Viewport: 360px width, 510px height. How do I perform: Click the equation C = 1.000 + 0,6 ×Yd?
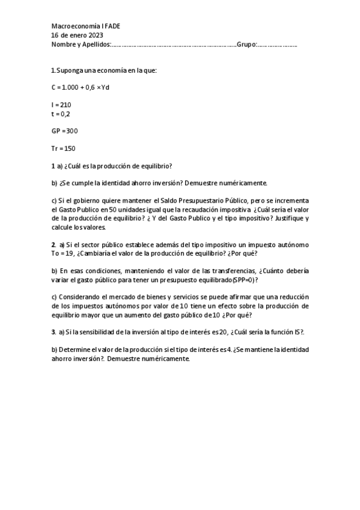click(x=81, y=88)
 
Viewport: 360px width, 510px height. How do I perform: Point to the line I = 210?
click(x=61, y=105)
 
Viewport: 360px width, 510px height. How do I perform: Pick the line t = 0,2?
click(x=61, y=113)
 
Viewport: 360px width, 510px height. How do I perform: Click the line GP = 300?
click(x=64, y=131)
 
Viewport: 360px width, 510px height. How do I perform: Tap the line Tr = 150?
click(x=64, y=148)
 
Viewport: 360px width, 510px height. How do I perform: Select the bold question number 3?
click(x=53, y=332)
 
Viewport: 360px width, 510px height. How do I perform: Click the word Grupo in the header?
click(x=246, y=45)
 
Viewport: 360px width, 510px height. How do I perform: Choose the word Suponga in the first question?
click(x=72, y=70)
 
